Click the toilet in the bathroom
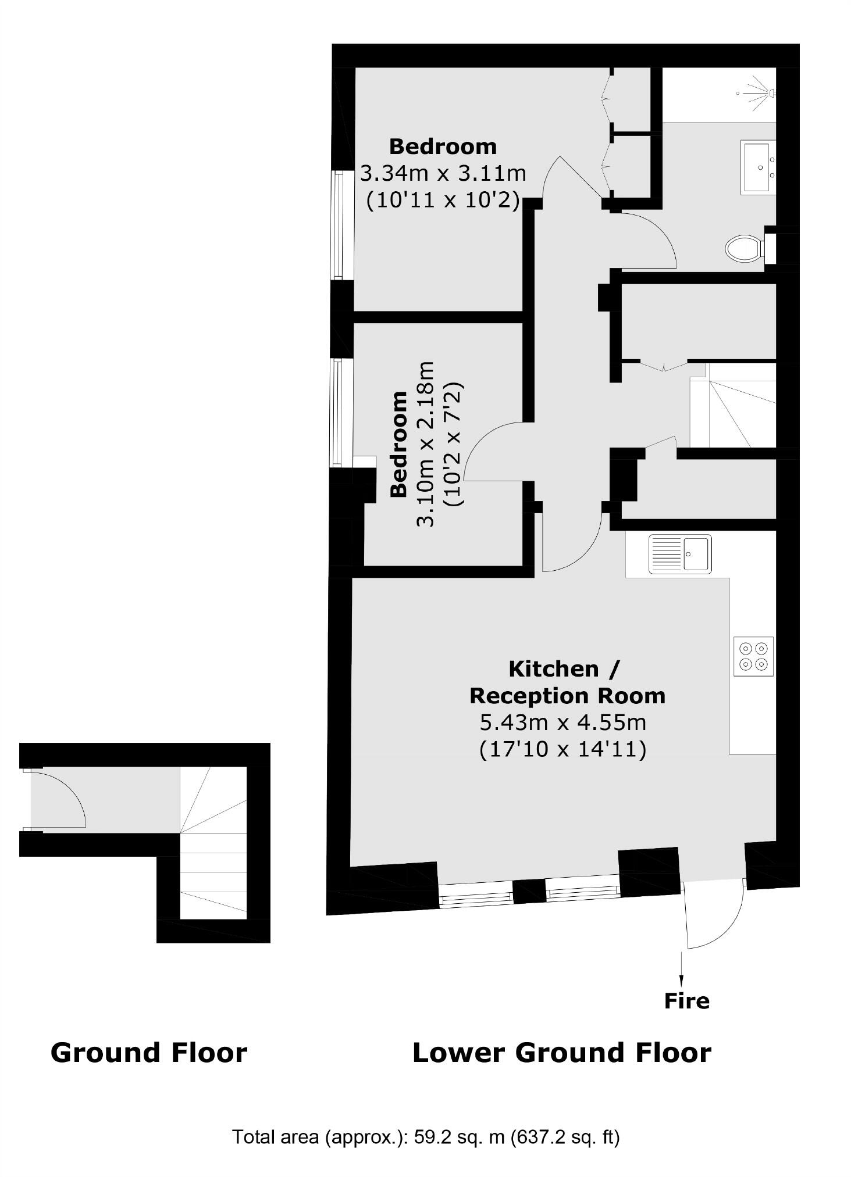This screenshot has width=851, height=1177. tap(745, 248)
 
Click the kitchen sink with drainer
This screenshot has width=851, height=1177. tap(680, 554)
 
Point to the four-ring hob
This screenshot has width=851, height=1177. tap(753, 656)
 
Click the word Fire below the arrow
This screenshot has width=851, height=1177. tap(687, 1001)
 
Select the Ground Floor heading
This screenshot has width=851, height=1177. tap(149, 1053)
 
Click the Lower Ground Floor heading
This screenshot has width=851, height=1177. tap(561, 1053)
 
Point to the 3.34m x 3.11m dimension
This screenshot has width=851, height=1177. tap(443, 173)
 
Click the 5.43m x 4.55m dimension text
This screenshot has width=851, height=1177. tap(562, 722)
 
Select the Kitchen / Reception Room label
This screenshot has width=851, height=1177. tap(567, 682)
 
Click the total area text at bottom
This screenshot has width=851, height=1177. tap(426, 1137)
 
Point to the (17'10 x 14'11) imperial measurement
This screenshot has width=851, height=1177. tap(562, 749)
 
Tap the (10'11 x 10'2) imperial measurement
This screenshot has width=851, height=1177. tap(443, 200)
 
